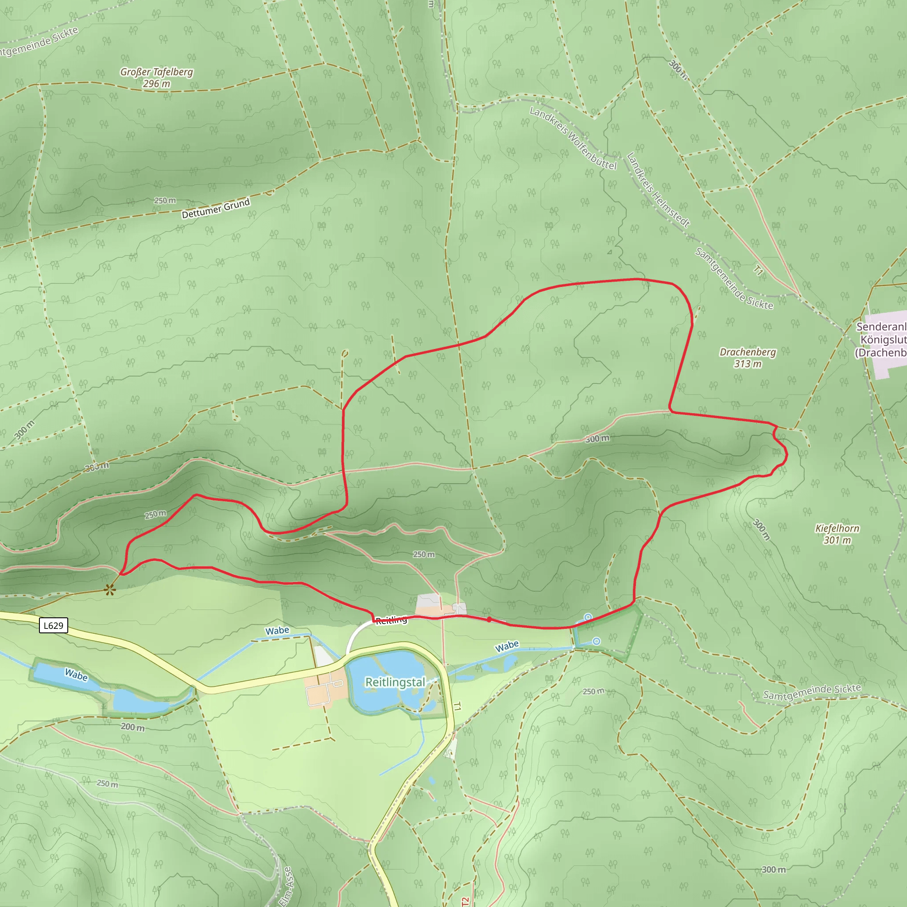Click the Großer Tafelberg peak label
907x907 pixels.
[x=156, y=78]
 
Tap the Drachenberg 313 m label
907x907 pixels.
[x=748, y=358]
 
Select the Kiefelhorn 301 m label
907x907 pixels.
[x=837, y=534]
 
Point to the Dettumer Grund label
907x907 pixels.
[x=216, y=209]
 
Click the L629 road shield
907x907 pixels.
[x=54, y=625]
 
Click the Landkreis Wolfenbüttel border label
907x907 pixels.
[x=573, y=138]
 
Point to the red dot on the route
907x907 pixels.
[x=489, y=620]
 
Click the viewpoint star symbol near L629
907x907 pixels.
[x=110, y=589]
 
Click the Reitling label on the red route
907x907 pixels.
[x=391, y=620]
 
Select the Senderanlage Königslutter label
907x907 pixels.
[x=881, y=339]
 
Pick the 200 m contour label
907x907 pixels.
[x=132, y=727]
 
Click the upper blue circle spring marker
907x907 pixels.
[x=588, y=617]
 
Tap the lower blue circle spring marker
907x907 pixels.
[x=596, y=641]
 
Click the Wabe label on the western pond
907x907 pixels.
[x=76, y=675]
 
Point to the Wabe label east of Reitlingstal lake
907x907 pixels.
[x=507, y=647]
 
